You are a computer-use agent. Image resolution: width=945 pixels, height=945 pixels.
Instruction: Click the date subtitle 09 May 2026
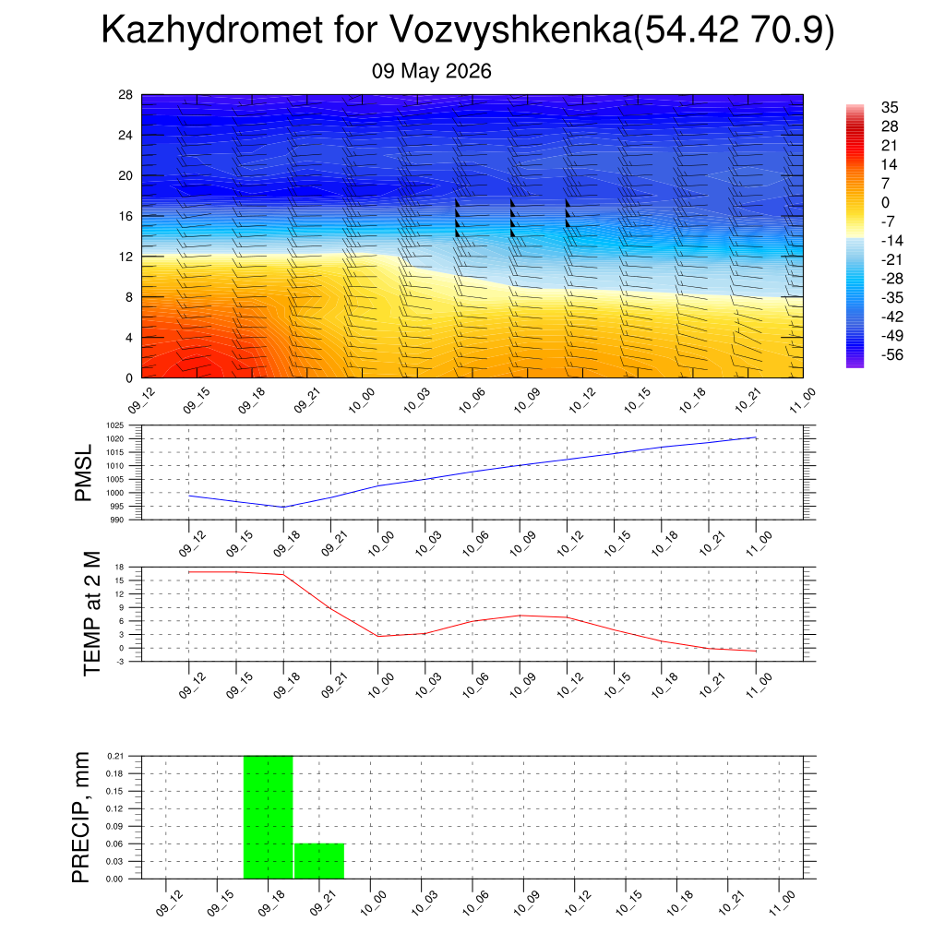click(432, 71)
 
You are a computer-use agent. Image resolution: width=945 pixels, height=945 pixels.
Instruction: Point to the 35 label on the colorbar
click(890, 107)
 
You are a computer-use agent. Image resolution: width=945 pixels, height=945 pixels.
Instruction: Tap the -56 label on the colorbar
click(892, 354)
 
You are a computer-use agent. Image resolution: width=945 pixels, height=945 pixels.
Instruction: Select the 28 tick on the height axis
click(126, 95)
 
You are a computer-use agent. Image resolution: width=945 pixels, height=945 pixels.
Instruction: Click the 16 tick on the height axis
click(126, 216)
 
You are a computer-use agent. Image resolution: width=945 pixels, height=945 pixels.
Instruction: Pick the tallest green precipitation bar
click(269, 818)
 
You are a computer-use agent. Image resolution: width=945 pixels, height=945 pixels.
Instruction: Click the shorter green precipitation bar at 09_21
click(319, 861)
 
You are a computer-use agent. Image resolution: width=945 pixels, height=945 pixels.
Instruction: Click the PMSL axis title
click(83, 473)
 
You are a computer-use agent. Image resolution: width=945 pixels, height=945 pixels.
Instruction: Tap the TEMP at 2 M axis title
click(91, 614)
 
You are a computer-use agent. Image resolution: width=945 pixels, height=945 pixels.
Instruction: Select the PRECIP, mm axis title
click(81, 818)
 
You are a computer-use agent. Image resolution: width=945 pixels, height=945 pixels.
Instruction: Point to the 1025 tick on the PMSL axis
click(115, 425)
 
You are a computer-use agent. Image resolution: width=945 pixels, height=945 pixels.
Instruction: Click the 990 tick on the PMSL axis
click(117, 520)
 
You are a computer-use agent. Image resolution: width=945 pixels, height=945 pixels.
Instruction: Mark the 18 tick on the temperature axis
click(119, 568)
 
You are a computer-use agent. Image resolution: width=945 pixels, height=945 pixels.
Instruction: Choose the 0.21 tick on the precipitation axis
click(115, 756)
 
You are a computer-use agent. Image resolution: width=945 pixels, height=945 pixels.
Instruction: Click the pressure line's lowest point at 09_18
click(283, 508)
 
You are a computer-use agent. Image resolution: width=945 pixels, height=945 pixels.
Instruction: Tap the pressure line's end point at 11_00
click(756, 437)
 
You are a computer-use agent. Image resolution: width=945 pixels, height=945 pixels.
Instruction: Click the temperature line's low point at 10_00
click(377, 637)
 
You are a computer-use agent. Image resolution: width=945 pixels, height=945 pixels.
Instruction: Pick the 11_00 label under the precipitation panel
click(782, 903)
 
